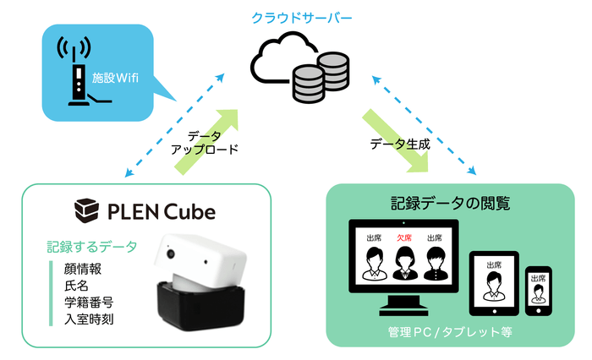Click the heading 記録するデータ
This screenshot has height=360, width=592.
[89, 248]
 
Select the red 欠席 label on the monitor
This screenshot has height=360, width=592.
[403, 237]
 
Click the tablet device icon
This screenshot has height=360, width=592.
[492, 281]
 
